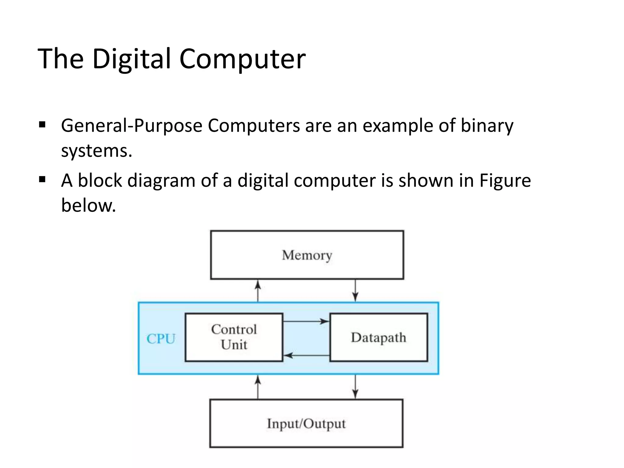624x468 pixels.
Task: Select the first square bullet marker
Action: (42, 125)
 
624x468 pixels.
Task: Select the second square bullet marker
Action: (42, 179)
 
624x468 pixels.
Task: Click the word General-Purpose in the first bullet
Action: (131, 126)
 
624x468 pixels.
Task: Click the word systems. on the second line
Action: (97, 151)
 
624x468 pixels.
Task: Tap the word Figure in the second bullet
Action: (505, 180)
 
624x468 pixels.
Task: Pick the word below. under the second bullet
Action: (88, 205)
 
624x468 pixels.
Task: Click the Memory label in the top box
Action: (307, 255)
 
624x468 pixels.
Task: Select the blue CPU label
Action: (161, 339)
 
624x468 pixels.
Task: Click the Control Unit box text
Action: (234, 337)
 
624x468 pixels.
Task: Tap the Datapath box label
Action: (378, 338)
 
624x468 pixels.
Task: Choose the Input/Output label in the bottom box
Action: (306, 424)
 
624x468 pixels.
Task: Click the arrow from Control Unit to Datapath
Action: (306, 321)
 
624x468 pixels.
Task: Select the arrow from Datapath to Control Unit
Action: (306, 355)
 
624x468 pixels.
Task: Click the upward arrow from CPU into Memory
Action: (258, 291)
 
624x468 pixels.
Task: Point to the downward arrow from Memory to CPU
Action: (355, 291)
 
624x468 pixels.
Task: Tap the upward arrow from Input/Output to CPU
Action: (258, 387)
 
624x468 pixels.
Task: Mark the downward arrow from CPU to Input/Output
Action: (355, 387)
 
